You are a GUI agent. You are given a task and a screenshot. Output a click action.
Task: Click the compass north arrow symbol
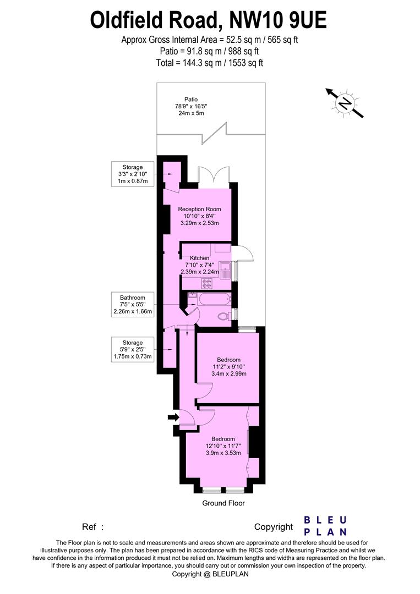(345, 102)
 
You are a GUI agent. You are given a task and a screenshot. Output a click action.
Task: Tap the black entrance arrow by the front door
(173, 417)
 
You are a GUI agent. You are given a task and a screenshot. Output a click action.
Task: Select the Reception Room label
(199, 209)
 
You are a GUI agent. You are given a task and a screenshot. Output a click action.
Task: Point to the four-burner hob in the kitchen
(208, 284)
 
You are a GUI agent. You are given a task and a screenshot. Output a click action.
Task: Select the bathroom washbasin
(192, 296)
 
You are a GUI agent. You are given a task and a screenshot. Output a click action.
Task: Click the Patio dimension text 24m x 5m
(191, 113)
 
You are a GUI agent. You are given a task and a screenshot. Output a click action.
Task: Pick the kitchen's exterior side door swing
(242, 253)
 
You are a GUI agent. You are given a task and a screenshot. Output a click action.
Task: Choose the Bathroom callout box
(132, 305)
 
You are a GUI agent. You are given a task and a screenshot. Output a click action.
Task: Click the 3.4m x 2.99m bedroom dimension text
(228, 374)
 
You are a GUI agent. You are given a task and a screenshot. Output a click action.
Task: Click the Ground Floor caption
(223, 503)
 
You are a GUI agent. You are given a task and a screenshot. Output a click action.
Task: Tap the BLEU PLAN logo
(326, 525)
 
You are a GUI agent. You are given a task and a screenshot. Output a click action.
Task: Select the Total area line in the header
(210, 63)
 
